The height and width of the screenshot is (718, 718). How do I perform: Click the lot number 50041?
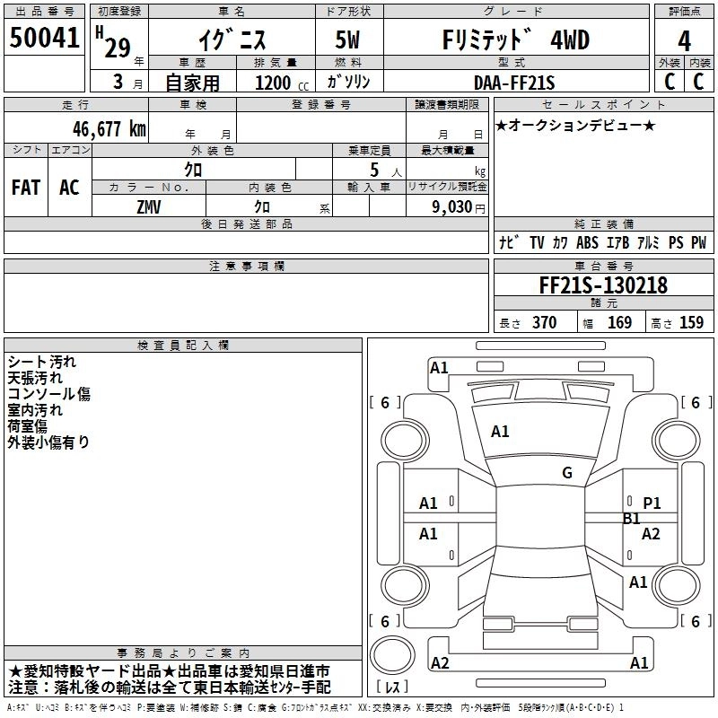45,39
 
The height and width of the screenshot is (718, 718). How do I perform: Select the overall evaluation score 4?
684,40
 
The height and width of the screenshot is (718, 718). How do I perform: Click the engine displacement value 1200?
273,83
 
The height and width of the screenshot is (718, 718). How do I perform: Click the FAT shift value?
25,187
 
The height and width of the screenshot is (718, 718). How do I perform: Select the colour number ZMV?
149,206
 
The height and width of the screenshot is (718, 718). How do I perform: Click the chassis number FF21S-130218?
602,285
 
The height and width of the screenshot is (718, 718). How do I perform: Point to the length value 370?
544,322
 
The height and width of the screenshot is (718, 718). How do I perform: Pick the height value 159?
691,322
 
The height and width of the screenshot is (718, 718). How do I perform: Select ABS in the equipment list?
587,242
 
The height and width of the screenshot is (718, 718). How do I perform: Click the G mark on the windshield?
567,473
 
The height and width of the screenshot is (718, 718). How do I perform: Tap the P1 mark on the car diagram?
652,503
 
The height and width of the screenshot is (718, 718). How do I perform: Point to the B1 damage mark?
632,519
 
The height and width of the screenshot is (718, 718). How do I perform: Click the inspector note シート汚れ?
42,362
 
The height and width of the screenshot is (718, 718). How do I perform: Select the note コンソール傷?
49,394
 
